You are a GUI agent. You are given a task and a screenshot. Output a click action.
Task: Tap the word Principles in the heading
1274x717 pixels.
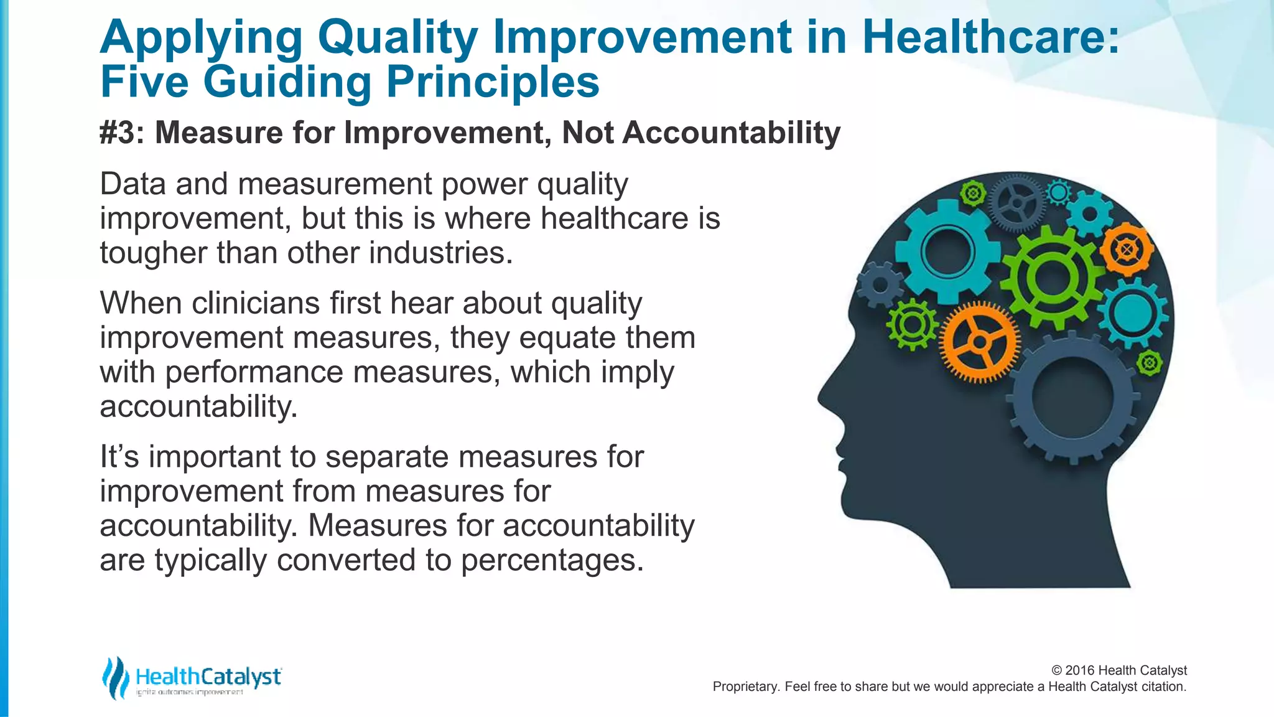click(x=493, y=82)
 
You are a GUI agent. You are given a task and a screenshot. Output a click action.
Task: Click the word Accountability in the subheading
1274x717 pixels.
click(x=731, y=133)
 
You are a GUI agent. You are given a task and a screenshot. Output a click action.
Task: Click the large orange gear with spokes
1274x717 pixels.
click(x=980, y=342)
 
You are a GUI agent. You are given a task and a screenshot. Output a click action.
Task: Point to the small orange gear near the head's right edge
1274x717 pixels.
click(x=1127, y=250)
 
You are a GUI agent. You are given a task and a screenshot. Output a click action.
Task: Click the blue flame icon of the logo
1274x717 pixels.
click(x=115, y=677)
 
